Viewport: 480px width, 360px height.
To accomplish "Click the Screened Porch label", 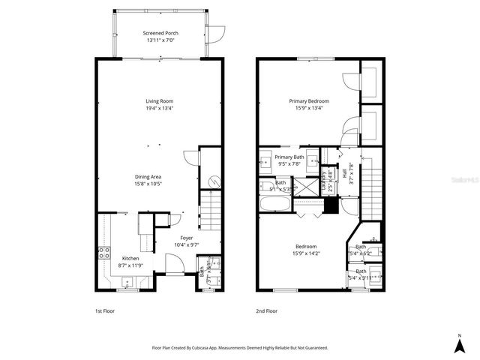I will [x=160, y=33].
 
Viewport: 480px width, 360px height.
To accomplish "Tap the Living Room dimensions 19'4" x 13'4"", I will [x=159, y=108].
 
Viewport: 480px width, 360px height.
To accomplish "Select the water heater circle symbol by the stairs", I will [x=213, y=181].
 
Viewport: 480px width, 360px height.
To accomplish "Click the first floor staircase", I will [x=211, y=212].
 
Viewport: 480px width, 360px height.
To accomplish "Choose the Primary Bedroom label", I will [x=309, y=100].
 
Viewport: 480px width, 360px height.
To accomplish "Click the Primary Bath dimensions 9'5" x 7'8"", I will [x=289, y=163].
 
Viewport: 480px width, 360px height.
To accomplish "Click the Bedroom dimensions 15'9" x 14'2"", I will [x=306, y=253].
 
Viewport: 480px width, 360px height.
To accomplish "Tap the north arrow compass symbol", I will [x=459, y=344].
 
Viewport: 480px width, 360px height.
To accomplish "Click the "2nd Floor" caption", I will [x=266, y=310].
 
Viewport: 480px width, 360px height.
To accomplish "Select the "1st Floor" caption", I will [x=103, y=310].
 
